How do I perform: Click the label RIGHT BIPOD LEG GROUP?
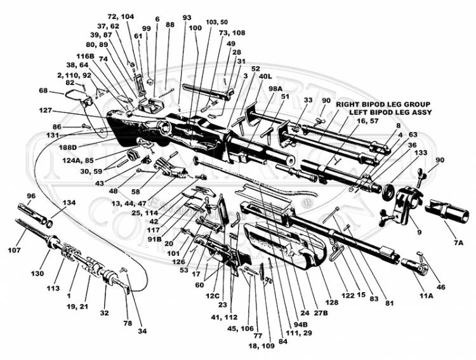tap(383, 104)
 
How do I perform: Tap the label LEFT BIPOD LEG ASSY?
tap(390, 112)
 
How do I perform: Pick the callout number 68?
tap(43, 90)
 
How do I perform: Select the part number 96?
tap(30, 196)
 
